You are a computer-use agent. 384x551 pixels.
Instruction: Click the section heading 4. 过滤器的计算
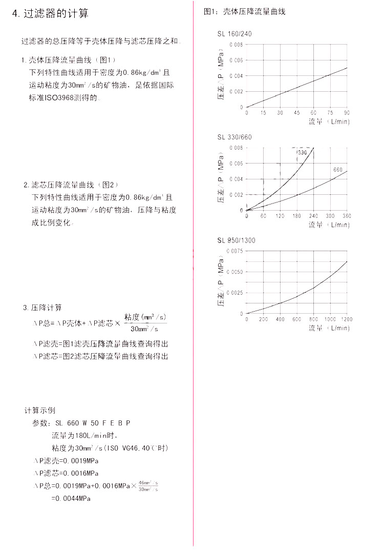(50, 13)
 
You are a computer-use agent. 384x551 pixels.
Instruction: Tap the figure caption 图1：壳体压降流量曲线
(244, 12)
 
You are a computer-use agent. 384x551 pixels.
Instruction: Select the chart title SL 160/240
(234, 34)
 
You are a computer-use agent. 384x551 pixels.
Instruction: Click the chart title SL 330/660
(234, 137)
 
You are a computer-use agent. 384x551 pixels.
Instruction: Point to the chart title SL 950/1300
(236, 240)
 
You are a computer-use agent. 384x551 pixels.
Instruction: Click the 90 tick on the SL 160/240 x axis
(347, 113)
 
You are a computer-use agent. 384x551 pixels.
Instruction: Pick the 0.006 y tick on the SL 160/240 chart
(236, 60)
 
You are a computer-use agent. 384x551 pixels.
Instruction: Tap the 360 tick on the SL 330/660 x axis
(347, 216)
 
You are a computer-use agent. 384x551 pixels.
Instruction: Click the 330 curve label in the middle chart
(303, 152)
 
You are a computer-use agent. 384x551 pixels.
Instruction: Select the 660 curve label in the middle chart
(338, 170)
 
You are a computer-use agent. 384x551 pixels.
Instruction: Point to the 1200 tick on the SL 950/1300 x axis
(347, 319)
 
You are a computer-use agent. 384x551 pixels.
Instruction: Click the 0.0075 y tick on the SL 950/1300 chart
(235, 251)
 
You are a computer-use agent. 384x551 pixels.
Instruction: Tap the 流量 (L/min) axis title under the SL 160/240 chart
(329, 121)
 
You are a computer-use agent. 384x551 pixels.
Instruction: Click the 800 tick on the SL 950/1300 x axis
(313, 319)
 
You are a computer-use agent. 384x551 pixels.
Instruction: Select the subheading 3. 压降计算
(42, 308)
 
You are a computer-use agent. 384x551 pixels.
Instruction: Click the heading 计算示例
(40, 410)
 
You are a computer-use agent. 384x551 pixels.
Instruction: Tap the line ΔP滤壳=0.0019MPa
(66, 461)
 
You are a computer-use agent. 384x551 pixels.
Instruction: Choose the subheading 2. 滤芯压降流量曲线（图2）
(72, 185)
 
